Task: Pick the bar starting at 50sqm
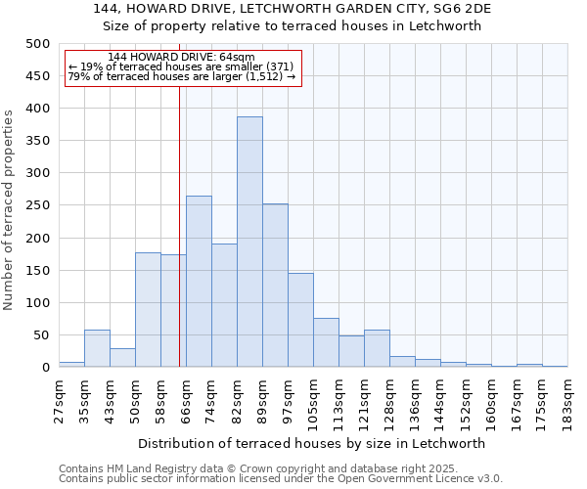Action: [148, 310]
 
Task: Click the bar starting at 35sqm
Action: [97, 349]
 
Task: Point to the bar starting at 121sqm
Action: [377, 349]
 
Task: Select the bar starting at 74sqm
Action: [224, 305]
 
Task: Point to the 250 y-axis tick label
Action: [37, 205]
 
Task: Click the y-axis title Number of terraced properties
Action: [10, 209]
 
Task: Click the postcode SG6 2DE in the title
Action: [459, 9]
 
